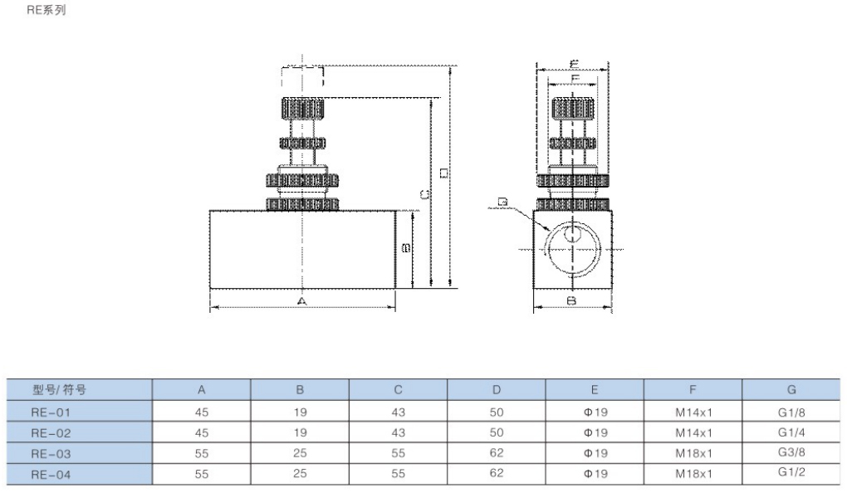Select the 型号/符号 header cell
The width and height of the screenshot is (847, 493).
coord(59,389)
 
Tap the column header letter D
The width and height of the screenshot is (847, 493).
coord(496,389)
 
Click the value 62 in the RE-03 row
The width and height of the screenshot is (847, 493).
coord(497,453)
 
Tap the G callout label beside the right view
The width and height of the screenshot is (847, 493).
coord(502,202)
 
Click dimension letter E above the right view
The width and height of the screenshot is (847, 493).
coord(574,63)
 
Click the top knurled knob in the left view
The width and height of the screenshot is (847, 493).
coord(301,108)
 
